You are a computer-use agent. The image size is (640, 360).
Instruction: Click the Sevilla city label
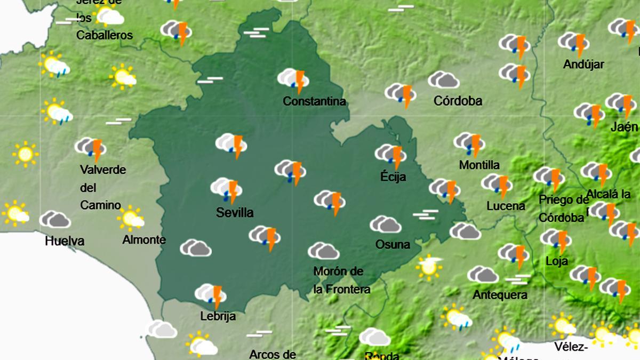pos(234,213)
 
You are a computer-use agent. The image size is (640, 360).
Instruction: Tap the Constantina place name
pos(314,101)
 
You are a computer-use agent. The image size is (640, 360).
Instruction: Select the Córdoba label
pos(458,100)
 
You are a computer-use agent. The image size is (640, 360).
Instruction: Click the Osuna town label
pos(393,245)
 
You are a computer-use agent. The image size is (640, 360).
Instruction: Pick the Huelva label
pos(65,241)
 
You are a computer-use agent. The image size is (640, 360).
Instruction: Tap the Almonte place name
pos(144,240)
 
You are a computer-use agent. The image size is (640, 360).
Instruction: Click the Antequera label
pos(500,294)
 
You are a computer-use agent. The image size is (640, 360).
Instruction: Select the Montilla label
pos(479,165)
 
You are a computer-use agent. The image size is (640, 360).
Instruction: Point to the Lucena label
pos(506,206)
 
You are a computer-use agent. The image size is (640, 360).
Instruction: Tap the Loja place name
pos(557,261)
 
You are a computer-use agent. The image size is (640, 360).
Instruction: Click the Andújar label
pos(583,65)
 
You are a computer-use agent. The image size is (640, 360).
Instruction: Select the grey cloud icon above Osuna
pos(385,225)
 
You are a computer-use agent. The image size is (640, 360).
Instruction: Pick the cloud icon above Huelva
pos(55,219)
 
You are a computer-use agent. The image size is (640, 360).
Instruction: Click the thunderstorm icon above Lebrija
pos(210,295)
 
